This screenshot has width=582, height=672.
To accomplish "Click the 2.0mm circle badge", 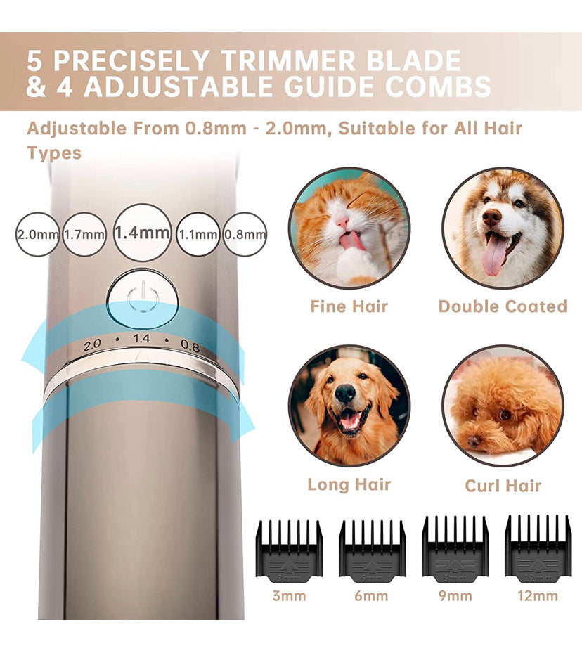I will pyautogui.click(x=37, y=234).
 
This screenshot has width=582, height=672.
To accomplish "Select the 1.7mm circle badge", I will pyautogui.click(x=84, y=234).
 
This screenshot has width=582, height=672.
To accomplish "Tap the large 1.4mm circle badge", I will pyautogui.click(x=143, y=233).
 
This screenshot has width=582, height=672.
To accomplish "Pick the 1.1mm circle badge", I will pyautogui.click(x=198, y=234).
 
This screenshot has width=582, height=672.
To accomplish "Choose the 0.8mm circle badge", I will pyautogui.click(x=245, y=234).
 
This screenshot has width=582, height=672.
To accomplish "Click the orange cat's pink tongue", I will pyautogui.click(x=350, y=241).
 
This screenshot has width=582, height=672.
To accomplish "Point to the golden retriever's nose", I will pyautogui.click(x=345, y=395).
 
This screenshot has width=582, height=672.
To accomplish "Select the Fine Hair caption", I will pyautogui.click(x=349, y=306).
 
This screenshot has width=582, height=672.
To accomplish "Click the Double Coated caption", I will pyautogui.click(x=503, y=306).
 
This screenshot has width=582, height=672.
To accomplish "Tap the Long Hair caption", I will pyautogui.click(x=349, y=484).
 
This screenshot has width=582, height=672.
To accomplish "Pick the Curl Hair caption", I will pyautogui.click(x=503, y=486).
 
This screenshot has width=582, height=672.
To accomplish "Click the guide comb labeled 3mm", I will pyautogui.click(x=289, y=550).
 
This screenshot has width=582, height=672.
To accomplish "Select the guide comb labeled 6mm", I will pyautogui.click(x=372, y=550).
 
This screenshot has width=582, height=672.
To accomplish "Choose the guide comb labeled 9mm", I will pyautogui.click(x=455, y=548).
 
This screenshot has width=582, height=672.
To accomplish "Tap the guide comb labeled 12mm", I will pyautogui.click(x=538, y=548).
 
